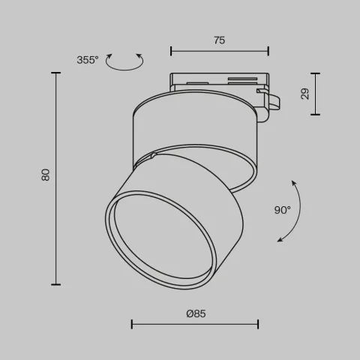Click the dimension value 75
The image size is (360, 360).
coord(219,41)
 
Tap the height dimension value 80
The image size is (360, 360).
coord(45,175)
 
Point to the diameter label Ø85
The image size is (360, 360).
coord(196,313)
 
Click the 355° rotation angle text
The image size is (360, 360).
coord(87,60)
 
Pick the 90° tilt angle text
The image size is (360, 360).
coord(282,210)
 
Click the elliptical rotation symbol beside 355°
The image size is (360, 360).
coord(124,62)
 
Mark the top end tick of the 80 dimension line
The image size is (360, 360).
coord(56,73)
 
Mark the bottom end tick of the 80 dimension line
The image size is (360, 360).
coord(56,284)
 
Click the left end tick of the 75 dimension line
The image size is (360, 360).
coord(172,51)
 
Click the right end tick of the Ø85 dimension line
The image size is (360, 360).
coord(259,324)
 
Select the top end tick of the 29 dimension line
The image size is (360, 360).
coord(315,73)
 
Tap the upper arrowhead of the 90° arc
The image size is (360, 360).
coord(293,181)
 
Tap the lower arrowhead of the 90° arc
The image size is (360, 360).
coord(280,240)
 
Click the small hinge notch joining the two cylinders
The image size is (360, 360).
coord(153,156)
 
